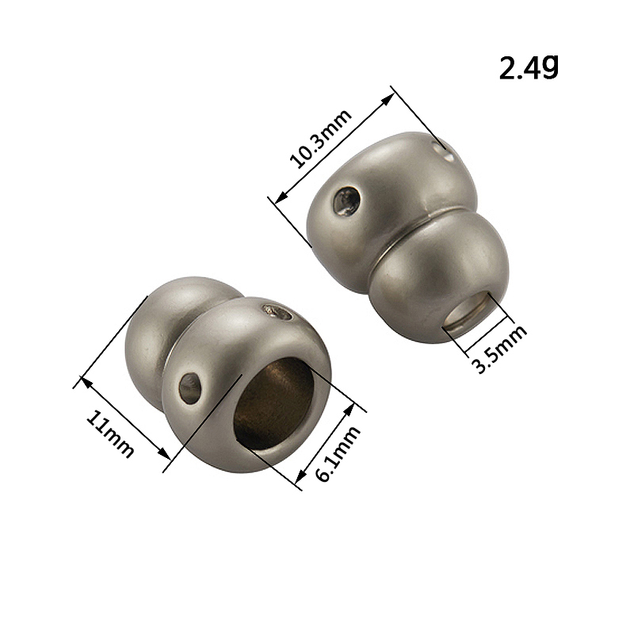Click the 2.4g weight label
point(529,68)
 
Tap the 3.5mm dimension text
point(500,348)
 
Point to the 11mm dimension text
point(109,433)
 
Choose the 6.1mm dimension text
point(338,453)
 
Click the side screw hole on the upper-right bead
point(347,201)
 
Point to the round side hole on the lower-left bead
point(190,388)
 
